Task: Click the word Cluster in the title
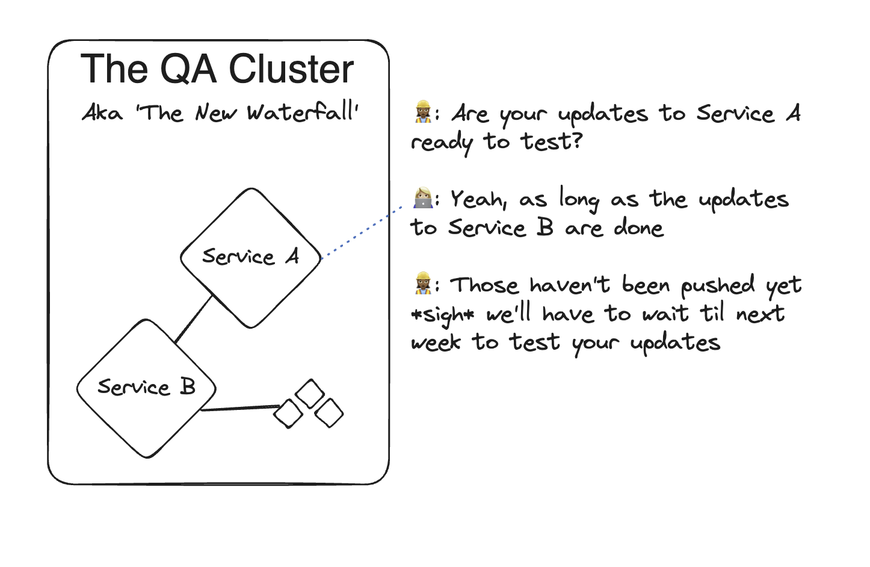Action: click(291, 69)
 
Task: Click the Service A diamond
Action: click(251, 258)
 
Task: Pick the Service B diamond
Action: click(146, 388)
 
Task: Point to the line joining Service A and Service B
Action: click(194, 319)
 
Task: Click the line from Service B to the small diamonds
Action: click(238, 409)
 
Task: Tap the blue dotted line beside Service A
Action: click(361, 233)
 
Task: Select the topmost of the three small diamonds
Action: click(310, 394)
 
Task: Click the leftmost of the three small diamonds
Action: click(288, 414)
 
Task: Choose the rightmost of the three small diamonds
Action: click(329, 413)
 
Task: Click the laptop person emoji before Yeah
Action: click(423, 198)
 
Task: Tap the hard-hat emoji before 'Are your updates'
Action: click(423, 112)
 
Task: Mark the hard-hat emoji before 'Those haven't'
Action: click(423, 283)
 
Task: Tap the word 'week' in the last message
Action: click(436, 342)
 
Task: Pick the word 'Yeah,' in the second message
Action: click(478, 199)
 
